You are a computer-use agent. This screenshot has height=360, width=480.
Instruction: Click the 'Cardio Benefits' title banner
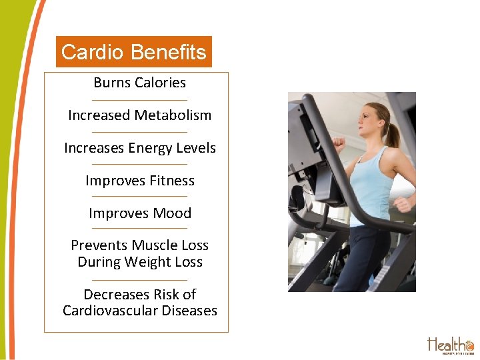[133, 52]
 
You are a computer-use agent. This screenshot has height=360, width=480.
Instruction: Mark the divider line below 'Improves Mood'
[140, 229]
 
